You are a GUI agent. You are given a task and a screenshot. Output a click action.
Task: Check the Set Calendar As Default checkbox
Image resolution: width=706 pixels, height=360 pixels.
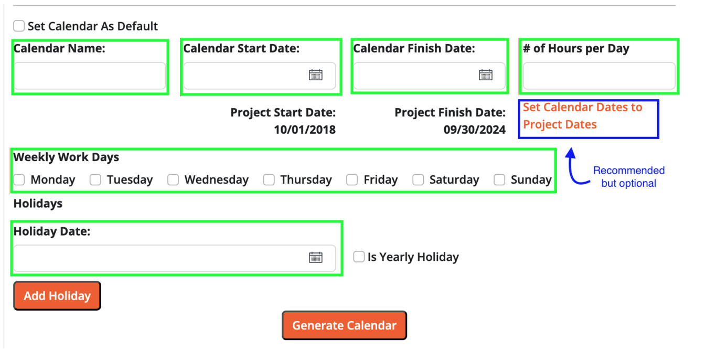click(19, 26)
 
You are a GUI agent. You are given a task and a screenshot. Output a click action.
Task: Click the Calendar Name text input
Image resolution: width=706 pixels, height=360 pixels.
click(90, 76)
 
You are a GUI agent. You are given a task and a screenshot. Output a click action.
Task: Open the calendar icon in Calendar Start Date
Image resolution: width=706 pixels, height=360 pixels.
click(315, 75)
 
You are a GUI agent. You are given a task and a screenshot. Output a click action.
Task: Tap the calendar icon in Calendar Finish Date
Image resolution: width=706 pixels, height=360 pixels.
click(485, 75)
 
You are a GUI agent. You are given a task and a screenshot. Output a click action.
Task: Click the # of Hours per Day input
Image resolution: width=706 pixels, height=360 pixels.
click(599, 76)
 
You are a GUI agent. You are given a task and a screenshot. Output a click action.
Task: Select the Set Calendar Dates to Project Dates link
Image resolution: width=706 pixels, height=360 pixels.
click(582, 115)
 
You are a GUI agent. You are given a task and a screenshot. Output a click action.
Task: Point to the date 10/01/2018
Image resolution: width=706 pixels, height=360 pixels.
click(305, 130)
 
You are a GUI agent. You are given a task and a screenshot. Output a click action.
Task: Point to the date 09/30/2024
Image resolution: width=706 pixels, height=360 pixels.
click(474, 130)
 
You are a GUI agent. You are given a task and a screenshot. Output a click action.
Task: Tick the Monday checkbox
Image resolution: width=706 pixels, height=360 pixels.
click(19, 179)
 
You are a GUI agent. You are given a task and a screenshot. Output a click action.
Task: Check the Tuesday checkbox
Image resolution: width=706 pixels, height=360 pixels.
click(95, 179)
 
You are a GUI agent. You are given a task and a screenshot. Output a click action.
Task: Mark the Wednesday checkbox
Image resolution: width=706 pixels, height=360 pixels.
click(173, 179)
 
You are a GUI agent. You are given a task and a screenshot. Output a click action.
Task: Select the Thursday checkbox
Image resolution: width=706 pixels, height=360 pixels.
click(269, 179)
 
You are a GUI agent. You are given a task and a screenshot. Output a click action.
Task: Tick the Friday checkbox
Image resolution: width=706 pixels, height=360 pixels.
click(352, 179)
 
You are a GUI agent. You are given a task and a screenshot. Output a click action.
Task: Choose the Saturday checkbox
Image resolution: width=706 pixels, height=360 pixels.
click(418, 179)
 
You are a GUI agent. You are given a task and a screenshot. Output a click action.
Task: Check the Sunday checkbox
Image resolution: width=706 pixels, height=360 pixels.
click(499, 179)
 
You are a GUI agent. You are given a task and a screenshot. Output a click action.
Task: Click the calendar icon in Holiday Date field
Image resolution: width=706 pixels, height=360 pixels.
click(315, 258)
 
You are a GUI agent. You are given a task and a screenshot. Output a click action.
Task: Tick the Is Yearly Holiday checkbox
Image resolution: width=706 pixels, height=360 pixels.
click(359, 257)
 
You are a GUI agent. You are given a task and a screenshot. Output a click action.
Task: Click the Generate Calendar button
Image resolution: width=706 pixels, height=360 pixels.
click(344, 325)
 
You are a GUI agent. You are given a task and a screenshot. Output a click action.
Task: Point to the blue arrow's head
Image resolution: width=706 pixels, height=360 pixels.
click(571, 153)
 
